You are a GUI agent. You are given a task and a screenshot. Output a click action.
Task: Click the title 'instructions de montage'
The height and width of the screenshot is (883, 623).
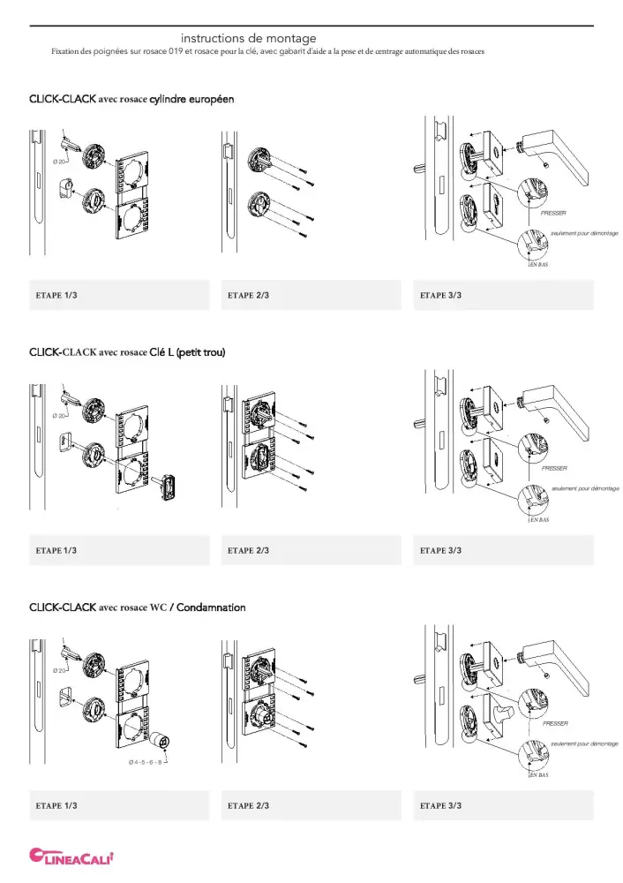coord(248,39)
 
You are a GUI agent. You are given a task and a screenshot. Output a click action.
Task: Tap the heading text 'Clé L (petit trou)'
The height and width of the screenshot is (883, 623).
coord(187,353)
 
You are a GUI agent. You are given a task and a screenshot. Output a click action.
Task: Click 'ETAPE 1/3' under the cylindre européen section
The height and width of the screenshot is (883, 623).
coord(56,295)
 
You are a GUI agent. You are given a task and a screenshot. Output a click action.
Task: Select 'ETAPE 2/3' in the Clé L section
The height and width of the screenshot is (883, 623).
coord(248,550)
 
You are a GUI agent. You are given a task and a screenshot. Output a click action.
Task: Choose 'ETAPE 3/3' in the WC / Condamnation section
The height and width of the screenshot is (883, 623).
coord(440,805)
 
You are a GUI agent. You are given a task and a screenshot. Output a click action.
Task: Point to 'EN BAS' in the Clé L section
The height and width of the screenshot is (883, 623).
coord(539,520)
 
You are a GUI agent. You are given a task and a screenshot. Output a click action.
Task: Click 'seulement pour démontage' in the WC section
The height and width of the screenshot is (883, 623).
coord(584,743)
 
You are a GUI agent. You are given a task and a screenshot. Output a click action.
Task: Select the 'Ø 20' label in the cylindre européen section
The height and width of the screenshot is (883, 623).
coord(60,162)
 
